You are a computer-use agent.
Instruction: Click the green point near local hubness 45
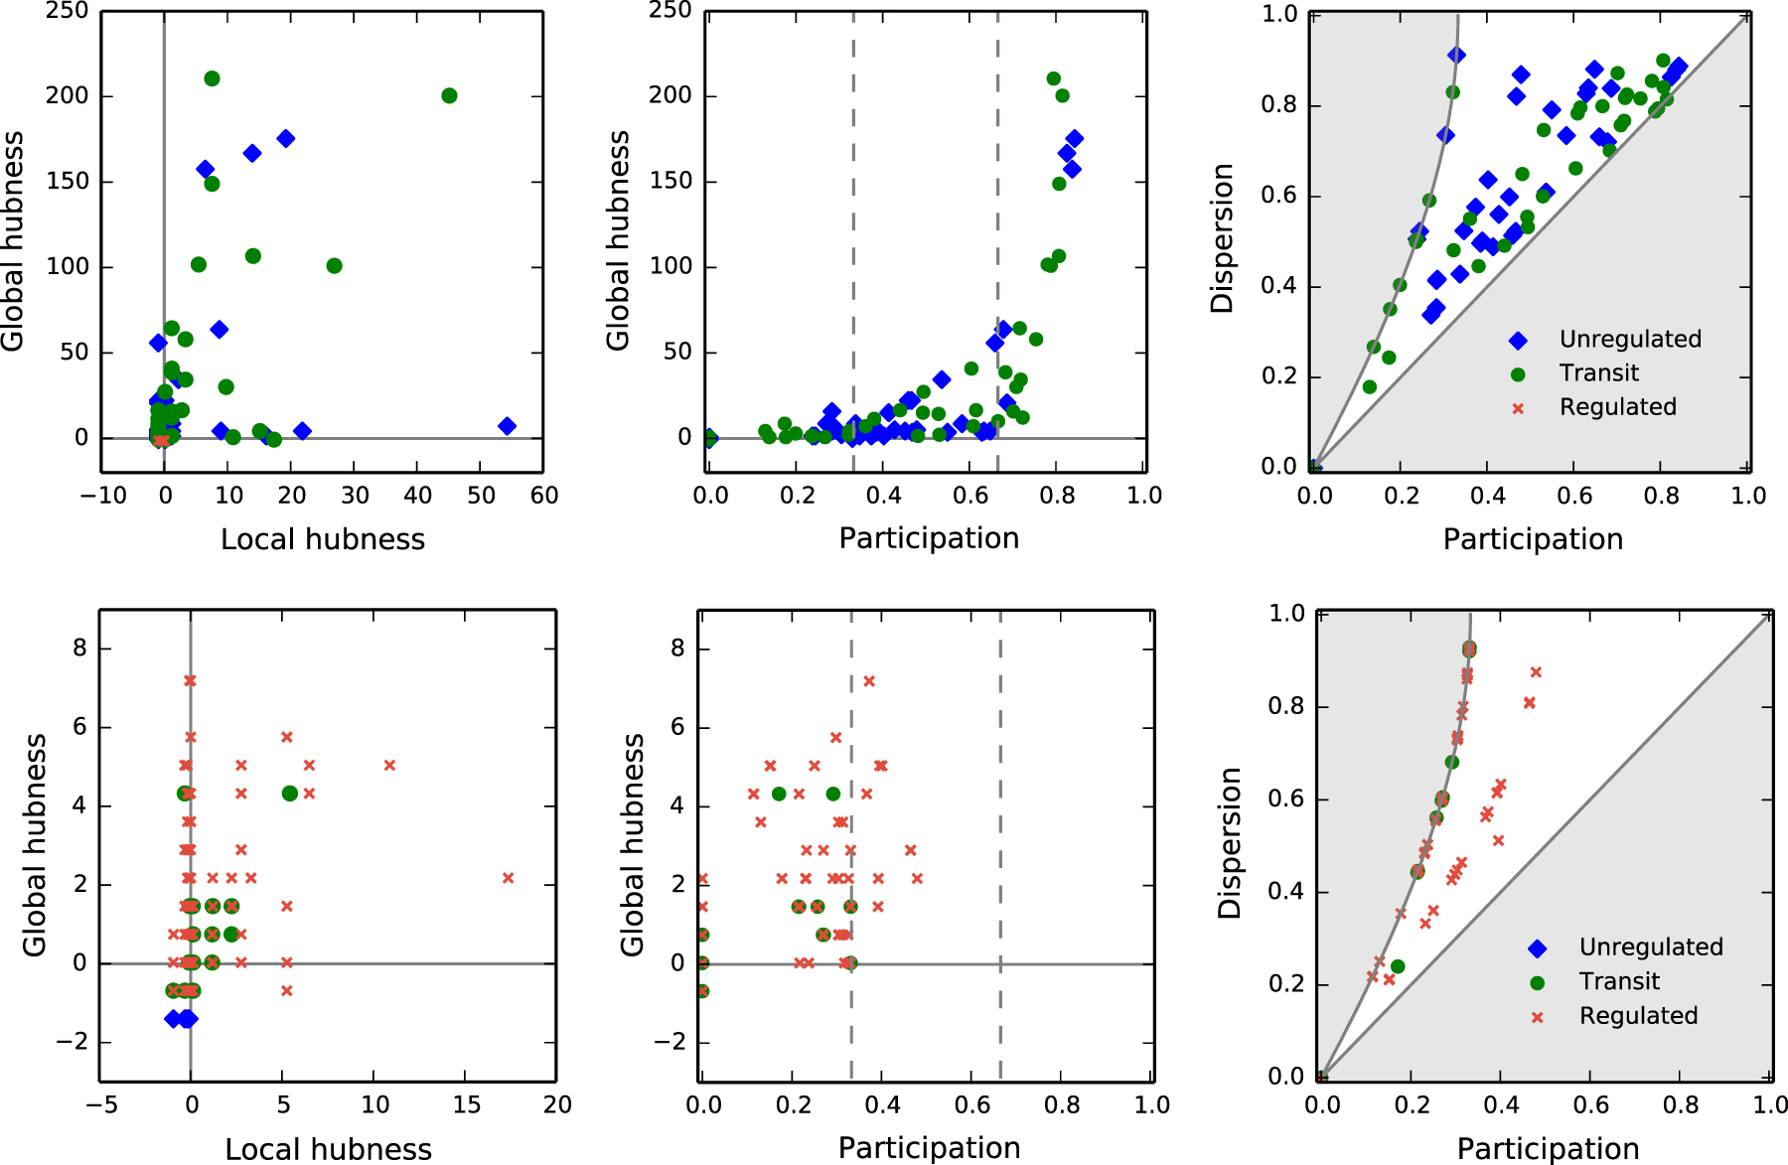449,95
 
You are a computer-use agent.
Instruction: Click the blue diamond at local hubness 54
507,426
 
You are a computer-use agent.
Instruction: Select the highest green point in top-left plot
212,78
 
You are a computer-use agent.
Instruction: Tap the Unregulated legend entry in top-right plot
1629,340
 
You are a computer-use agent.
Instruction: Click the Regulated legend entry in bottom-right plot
1638,1016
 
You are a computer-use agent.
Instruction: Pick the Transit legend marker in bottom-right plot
1538,982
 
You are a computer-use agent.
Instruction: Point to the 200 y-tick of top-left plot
67,95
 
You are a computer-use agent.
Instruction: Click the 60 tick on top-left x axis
543,496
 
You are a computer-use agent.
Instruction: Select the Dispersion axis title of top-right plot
1222,238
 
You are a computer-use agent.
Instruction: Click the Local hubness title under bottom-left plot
328,1149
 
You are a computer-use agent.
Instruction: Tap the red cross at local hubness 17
509,878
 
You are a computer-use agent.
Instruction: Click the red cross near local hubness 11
389,765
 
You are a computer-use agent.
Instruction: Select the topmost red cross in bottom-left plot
190,680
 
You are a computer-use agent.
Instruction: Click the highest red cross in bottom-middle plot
869,681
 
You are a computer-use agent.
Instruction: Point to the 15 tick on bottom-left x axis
466,1104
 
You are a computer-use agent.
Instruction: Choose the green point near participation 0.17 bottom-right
1398,966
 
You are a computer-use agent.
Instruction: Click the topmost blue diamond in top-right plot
1456,56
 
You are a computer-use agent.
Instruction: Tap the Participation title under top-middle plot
929,538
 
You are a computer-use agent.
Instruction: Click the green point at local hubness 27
335,266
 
